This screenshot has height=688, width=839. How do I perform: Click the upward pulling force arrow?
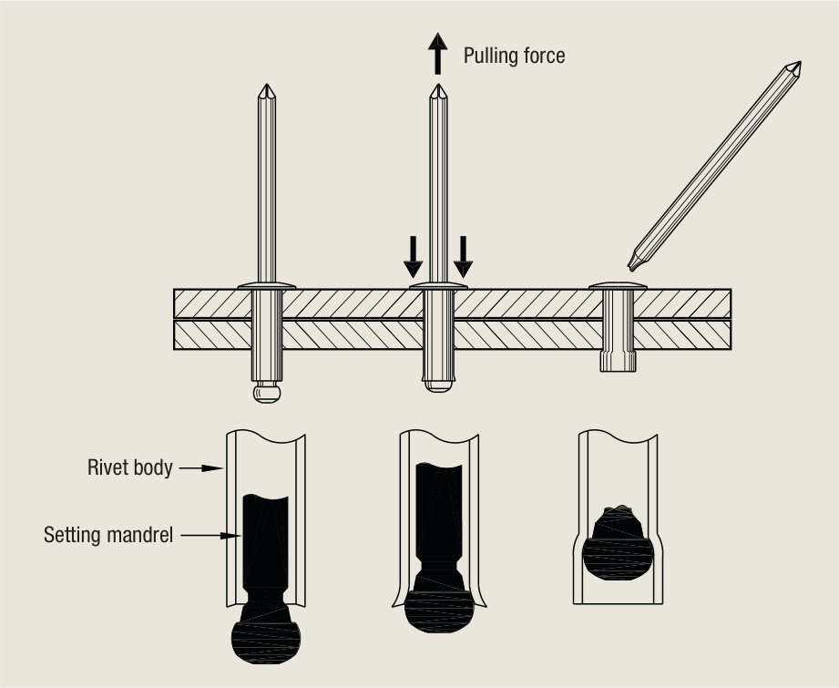click(437, 53)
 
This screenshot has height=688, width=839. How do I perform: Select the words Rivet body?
click(130, 467)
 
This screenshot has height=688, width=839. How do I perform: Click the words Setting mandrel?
click(108, 535)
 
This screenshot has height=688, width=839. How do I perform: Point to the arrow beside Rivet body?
click(200, 468)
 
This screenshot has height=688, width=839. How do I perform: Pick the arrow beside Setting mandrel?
click(210, 536)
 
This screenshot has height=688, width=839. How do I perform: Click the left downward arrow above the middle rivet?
click(413, 257)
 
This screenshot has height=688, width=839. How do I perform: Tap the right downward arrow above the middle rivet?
click(463, 257)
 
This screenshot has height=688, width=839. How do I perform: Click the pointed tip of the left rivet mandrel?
click(267, 85)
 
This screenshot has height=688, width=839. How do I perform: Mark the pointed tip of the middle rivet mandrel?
click(438, 85)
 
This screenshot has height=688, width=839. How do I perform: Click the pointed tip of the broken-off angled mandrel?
click(800, 63)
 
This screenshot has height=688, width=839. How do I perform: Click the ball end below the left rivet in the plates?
click(267, 392)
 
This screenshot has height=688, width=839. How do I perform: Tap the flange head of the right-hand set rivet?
click(618, 286)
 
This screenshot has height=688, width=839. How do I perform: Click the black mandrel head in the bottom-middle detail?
click(439, 604)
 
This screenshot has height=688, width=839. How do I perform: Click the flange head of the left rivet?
click(267, 286)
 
